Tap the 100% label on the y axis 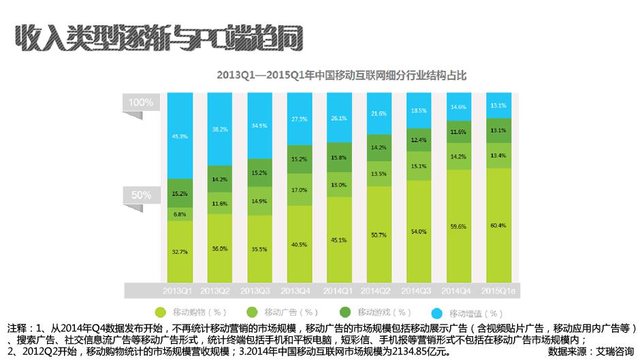point(141,102)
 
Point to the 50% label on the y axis point(141,195)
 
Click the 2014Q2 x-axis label point(380,291)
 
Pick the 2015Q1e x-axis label point(500,291)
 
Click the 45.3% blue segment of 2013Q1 point(180,135)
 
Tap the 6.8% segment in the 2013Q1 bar point(180,214)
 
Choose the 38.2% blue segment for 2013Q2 point(220,129)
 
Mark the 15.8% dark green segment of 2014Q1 point(340,158)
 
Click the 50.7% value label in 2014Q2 point(380,235)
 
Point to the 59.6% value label point(458,227)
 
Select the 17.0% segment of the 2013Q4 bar point(300,190)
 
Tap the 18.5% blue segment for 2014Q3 point(419,111)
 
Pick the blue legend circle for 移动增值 point(437,313)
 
